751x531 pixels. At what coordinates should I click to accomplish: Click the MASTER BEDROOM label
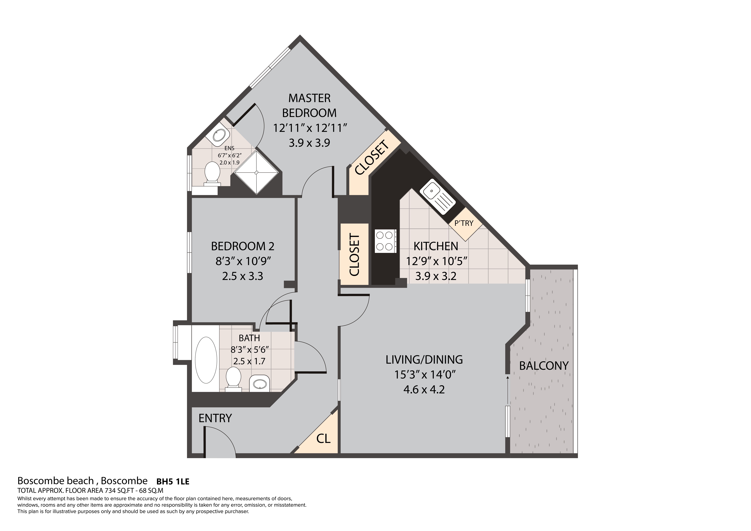pos(309,105)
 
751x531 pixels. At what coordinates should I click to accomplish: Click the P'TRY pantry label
pos(464,223)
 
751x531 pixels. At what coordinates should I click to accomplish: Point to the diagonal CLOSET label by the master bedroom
pos(372,158)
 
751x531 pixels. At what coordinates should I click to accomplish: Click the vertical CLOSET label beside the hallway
pos(355,254)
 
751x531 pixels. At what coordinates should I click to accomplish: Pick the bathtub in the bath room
pos(206,360)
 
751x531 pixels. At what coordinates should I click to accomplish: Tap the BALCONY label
pos(544,366)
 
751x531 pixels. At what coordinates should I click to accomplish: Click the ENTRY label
pos(215,418)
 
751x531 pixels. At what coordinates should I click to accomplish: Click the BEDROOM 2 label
pos(242,246)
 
